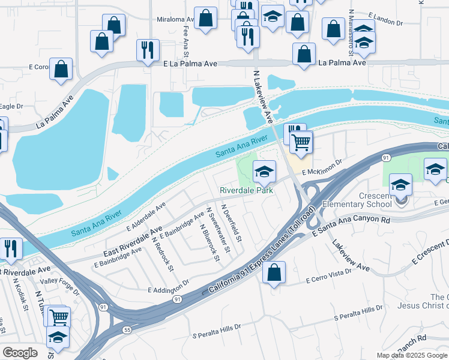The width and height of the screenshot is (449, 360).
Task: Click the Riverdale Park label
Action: pos(246,190)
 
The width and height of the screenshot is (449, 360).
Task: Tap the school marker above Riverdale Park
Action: pos(264,172)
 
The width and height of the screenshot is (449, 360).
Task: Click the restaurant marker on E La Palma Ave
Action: pos(148,51)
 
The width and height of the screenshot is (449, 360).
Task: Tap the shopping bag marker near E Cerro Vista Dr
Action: pos(274,273)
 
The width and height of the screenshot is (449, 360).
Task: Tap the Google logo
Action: pos(20,353)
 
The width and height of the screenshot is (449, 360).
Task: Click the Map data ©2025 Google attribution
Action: pos(411,355)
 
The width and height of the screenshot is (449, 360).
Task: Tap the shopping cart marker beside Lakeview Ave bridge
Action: pos(301,143)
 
